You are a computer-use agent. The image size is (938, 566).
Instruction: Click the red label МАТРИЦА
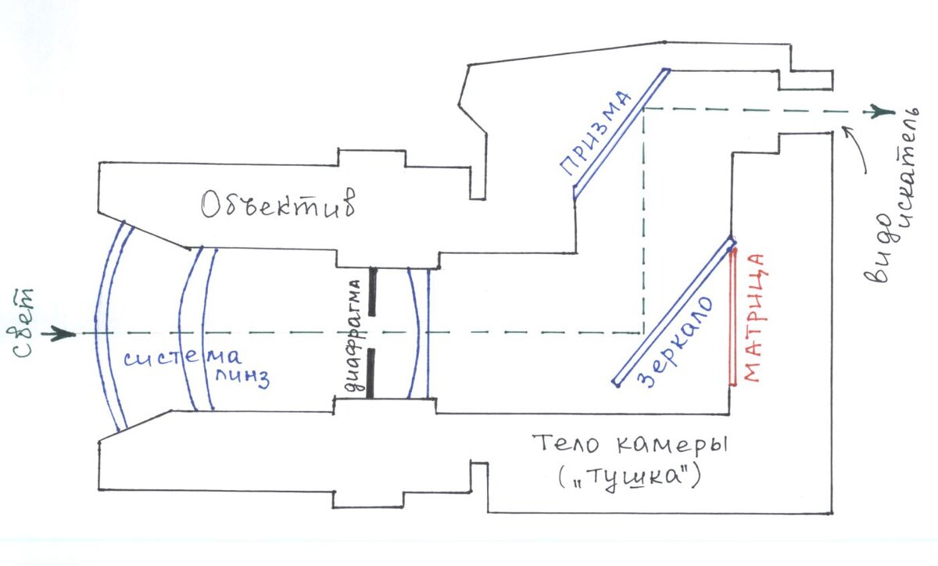pyautogui.click(x=752, y=317)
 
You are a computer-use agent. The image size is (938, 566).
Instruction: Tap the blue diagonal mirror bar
pyautogui.click(x=672, y=313)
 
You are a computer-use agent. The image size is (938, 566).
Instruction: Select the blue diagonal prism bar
pyautogui.click(x=621, y=133)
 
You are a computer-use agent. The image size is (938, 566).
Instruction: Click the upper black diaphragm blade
pyautogui.click(x=372, y=292)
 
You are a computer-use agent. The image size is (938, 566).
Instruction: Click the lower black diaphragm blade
pyautogui.click(x=372, y=372)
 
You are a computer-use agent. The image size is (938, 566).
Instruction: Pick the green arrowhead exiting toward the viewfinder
pyautogui.click(x=883, y=111)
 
